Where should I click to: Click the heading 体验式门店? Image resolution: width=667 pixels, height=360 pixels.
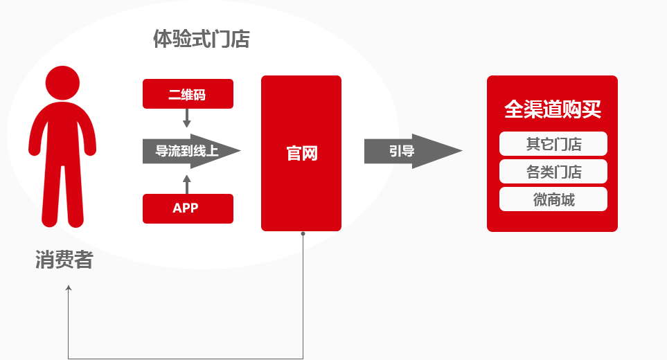click(x=201, y=39)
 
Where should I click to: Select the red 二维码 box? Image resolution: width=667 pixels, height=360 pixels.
click(x=188, y=94)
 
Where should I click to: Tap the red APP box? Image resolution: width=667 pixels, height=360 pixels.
click(x=188, y=208)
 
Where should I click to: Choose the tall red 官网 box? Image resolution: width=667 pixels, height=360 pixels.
click(x=301, y=153)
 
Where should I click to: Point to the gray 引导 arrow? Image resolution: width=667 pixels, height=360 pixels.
click(x=402, y=151)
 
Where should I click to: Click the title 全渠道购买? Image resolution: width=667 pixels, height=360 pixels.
click(x=552, y=109)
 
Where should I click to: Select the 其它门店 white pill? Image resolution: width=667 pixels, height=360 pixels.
click(x=553, y=144)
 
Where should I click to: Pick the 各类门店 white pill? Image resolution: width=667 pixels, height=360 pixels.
click(x=553, y=172)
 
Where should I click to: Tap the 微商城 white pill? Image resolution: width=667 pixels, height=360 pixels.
click(x=553, y=199)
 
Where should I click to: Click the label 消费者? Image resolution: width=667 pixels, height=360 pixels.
click(x=64, y=260)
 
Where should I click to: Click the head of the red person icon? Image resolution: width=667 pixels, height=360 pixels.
click(x=62, y=82)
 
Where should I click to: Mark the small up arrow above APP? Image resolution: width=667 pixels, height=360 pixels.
click(x=186, y=180)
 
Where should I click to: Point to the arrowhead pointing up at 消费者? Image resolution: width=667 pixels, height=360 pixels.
click(x=68, y=288)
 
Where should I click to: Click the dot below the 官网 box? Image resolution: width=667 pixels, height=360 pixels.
click(x=303, y=234)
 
